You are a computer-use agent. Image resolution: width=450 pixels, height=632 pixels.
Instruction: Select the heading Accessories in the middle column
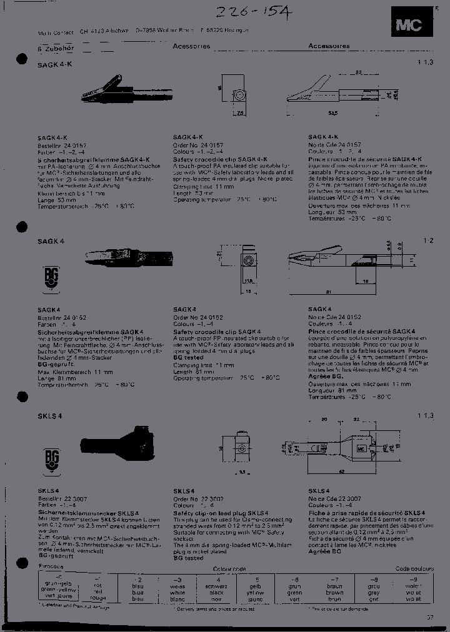click(191, 46)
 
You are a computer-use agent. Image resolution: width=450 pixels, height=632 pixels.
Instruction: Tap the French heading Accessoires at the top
click(329, 46)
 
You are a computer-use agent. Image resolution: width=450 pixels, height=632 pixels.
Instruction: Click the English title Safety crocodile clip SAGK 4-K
click(220, 160)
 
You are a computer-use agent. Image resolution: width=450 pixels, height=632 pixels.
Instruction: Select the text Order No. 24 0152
click(197, 318)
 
